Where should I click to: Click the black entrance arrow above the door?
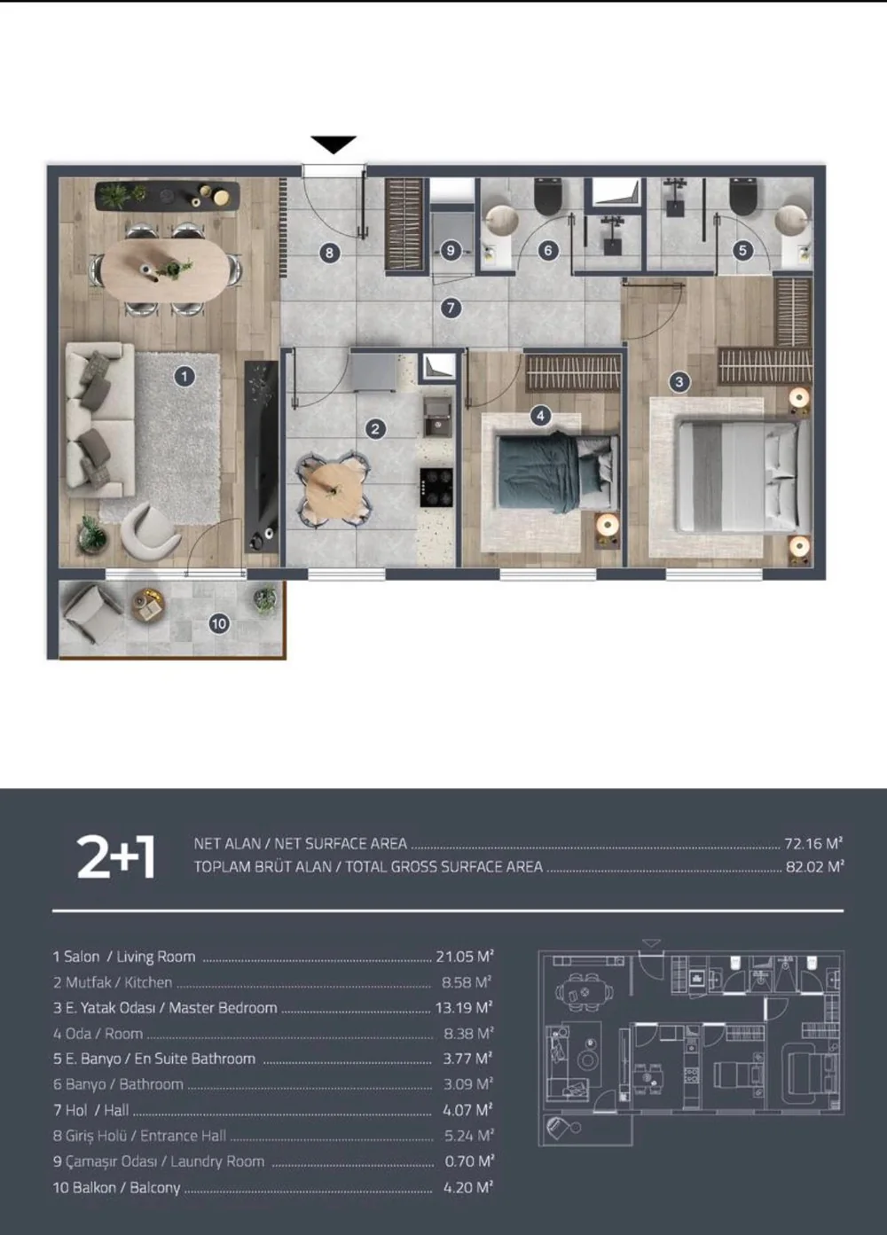[334, 144]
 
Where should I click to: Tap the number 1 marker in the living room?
[184, 377]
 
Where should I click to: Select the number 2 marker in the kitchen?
[375, 428]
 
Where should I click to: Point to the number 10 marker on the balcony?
[219, 623]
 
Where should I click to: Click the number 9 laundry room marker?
[451, 251]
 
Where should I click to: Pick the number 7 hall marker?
[451, 308]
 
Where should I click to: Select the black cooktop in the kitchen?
[436, 488]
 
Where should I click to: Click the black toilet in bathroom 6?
[548, 198]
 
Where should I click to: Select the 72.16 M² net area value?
[813, 843]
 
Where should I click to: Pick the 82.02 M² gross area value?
[814, 867]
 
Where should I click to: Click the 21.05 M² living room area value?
[465, 957]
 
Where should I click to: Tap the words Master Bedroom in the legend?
[223, 1008]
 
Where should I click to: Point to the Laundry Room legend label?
[217, 1161]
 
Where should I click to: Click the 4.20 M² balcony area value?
[468, 1187]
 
